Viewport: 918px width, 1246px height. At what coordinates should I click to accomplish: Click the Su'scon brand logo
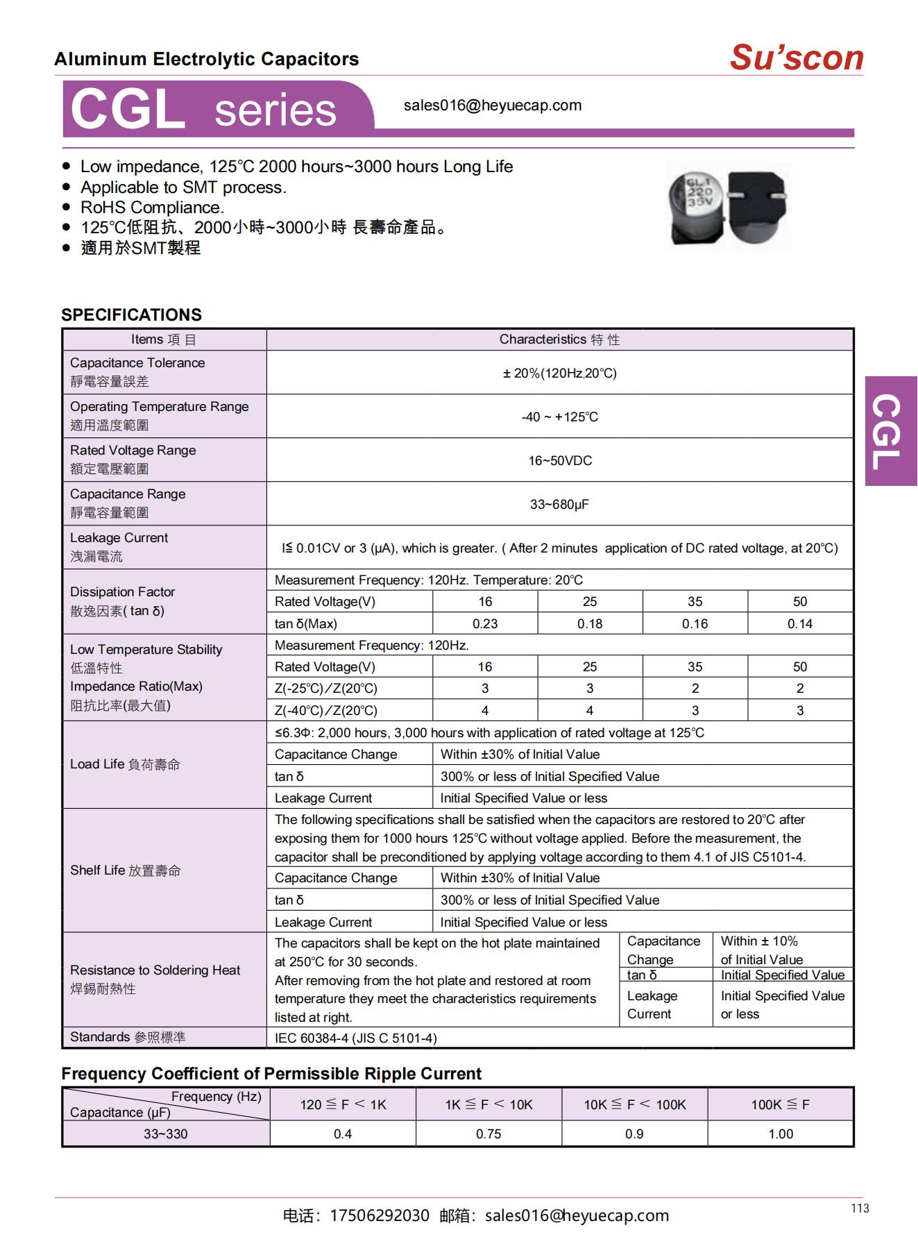796,58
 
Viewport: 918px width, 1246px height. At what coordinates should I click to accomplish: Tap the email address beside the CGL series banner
492,106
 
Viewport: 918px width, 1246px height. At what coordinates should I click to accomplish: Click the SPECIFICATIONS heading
131,314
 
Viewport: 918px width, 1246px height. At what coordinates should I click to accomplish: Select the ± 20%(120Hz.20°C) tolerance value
559,373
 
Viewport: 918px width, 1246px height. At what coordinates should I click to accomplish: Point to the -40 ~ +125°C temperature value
559,417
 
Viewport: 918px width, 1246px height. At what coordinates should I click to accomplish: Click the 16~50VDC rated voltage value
559,461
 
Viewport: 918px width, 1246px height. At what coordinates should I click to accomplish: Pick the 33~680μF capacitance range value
559,505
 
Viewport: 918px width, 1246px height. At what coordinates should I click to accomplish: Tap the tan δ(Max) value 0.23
484,623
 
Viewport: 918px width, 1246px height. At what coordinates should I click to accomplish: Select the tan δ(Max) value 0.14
799,623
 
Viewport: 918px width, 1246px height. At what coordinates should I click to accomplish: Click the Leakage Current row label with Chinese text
119,547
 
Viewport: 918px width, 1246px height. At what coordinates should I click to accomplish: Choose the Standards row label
128,1037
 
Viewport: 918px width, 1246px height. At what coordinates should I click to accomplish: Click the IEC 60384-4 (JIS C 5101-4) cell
355,1038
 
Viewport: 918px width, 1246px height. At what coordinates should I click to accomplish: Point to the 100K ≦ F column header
780,1104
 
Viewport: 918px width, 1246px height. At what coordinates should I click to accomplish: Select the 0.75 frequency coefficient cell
488,1134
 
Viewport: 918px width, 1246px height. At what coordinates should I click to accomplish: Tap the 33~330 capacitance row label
165,1134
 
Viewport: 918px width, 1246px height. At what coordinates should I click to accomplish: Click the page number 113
860,1209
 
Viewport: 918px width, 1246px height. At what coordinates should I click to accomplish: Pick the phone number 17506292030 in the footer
380,1215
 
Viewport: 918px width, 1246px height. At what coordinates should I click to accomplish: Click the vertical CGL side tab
890,431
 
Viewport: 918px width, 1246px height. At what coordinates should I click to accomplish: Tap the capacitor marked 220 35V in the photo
696,205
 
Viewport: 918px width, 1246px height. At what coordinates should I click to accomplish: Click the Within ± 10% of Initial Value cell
761,950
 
